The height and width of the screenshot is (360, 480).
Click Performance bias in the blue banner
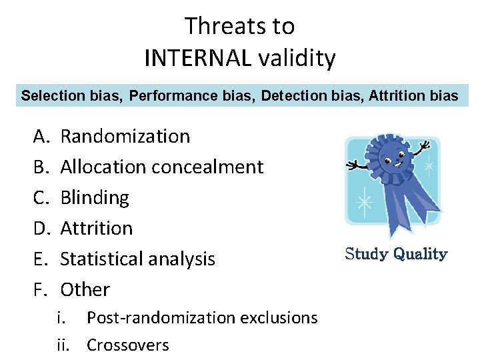pos(192,95)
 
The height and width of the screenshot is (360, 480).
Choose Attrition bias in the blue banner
pos(409,95)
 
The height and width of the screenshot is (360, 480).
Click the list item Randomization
pos(125,136)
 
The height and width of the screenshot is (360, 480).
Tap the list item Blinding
pos(95,197)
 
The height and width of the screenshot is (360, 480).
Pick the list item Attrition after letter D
pos(97,228)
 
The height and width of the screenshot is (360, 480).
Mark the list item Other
pos(85,289)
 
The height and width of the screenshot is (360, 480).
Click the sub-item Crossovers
pos(128,345)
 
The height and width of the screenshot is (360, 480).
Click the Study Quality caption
pos(396,254)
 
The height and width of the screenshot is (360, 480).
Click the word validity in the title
pos(298,58)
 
